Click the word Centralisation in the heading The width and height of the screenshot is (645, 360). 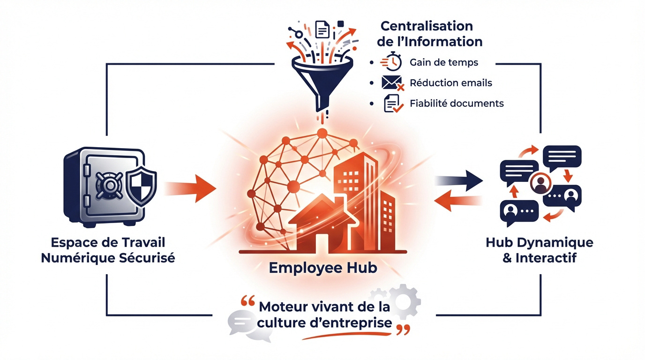coord(427,25)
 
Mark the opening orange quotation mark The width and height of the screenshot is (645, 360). coord(247,302)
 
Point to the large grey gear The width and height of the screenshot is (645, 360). coord(404,300)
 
